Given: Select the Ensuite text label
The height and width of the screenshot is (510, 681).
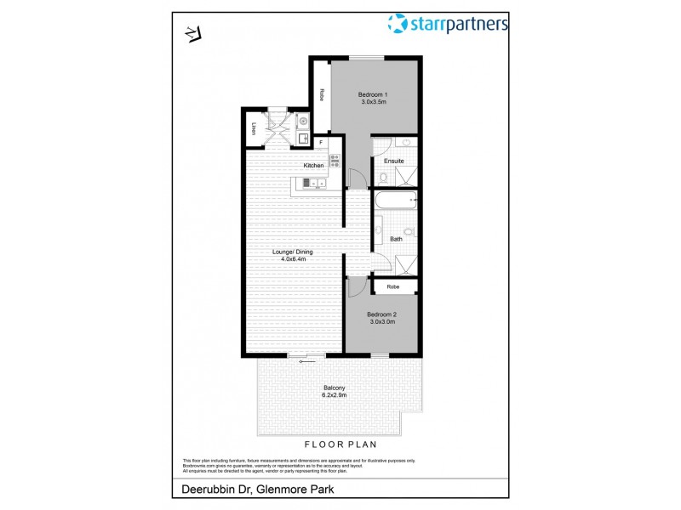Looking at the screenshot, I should (x=394, y=161).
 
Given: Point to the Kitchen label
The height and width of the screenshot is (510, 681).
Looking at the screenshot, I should (x=314, y=165).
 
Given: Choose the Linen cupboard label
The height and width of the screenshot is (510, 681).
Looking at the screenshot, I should (x=254, y=128).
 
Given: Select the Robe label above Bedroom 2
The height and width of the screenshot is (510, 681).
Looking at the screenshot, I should (x=392, y=287).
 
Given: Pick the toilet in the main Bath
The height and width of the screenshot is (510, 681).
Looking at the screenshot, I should (x=409, y=231).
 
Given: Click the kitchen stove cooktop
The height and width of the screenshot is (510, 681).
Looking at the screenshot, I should (x=335, y=159).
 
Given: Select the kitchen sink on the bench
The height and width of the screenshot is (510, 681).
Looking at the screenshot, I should (x=312, y=182).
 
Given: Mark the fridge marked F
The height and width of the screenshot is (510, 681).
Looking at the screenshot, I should (x=321, y=141).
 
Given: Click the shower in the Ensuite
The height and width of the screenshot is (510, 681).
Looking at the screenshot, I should (x=409, y=176).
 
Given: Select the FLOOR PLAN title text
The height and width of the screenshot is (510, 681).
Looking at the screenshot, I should (x=340, y=445).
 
